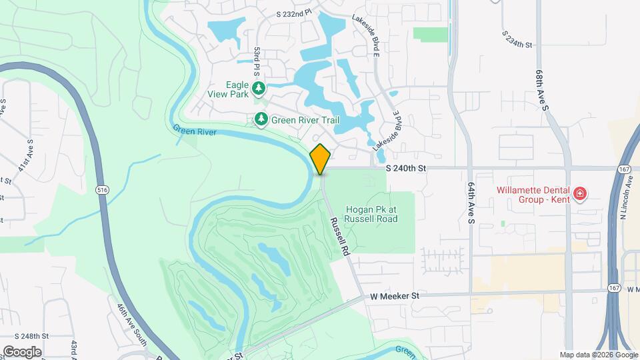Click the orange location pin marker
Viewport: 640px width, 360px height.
pos(321,159)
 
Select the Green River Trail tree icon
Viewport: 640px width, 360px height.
pos(262,120)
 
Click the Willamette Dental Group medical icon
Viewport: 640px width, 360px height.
pos(580,194)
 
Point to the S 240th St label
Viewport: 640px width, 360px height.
pos(405,169)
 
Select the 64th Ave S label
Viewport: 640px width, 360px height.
pos(470,203)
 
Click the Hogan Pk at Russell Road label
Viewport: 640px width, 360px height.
pos(371,214)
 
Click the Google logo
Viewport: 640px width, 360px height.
pos(22,351)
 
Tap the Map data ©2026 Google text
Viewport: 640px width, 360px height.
pos(598,355)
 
